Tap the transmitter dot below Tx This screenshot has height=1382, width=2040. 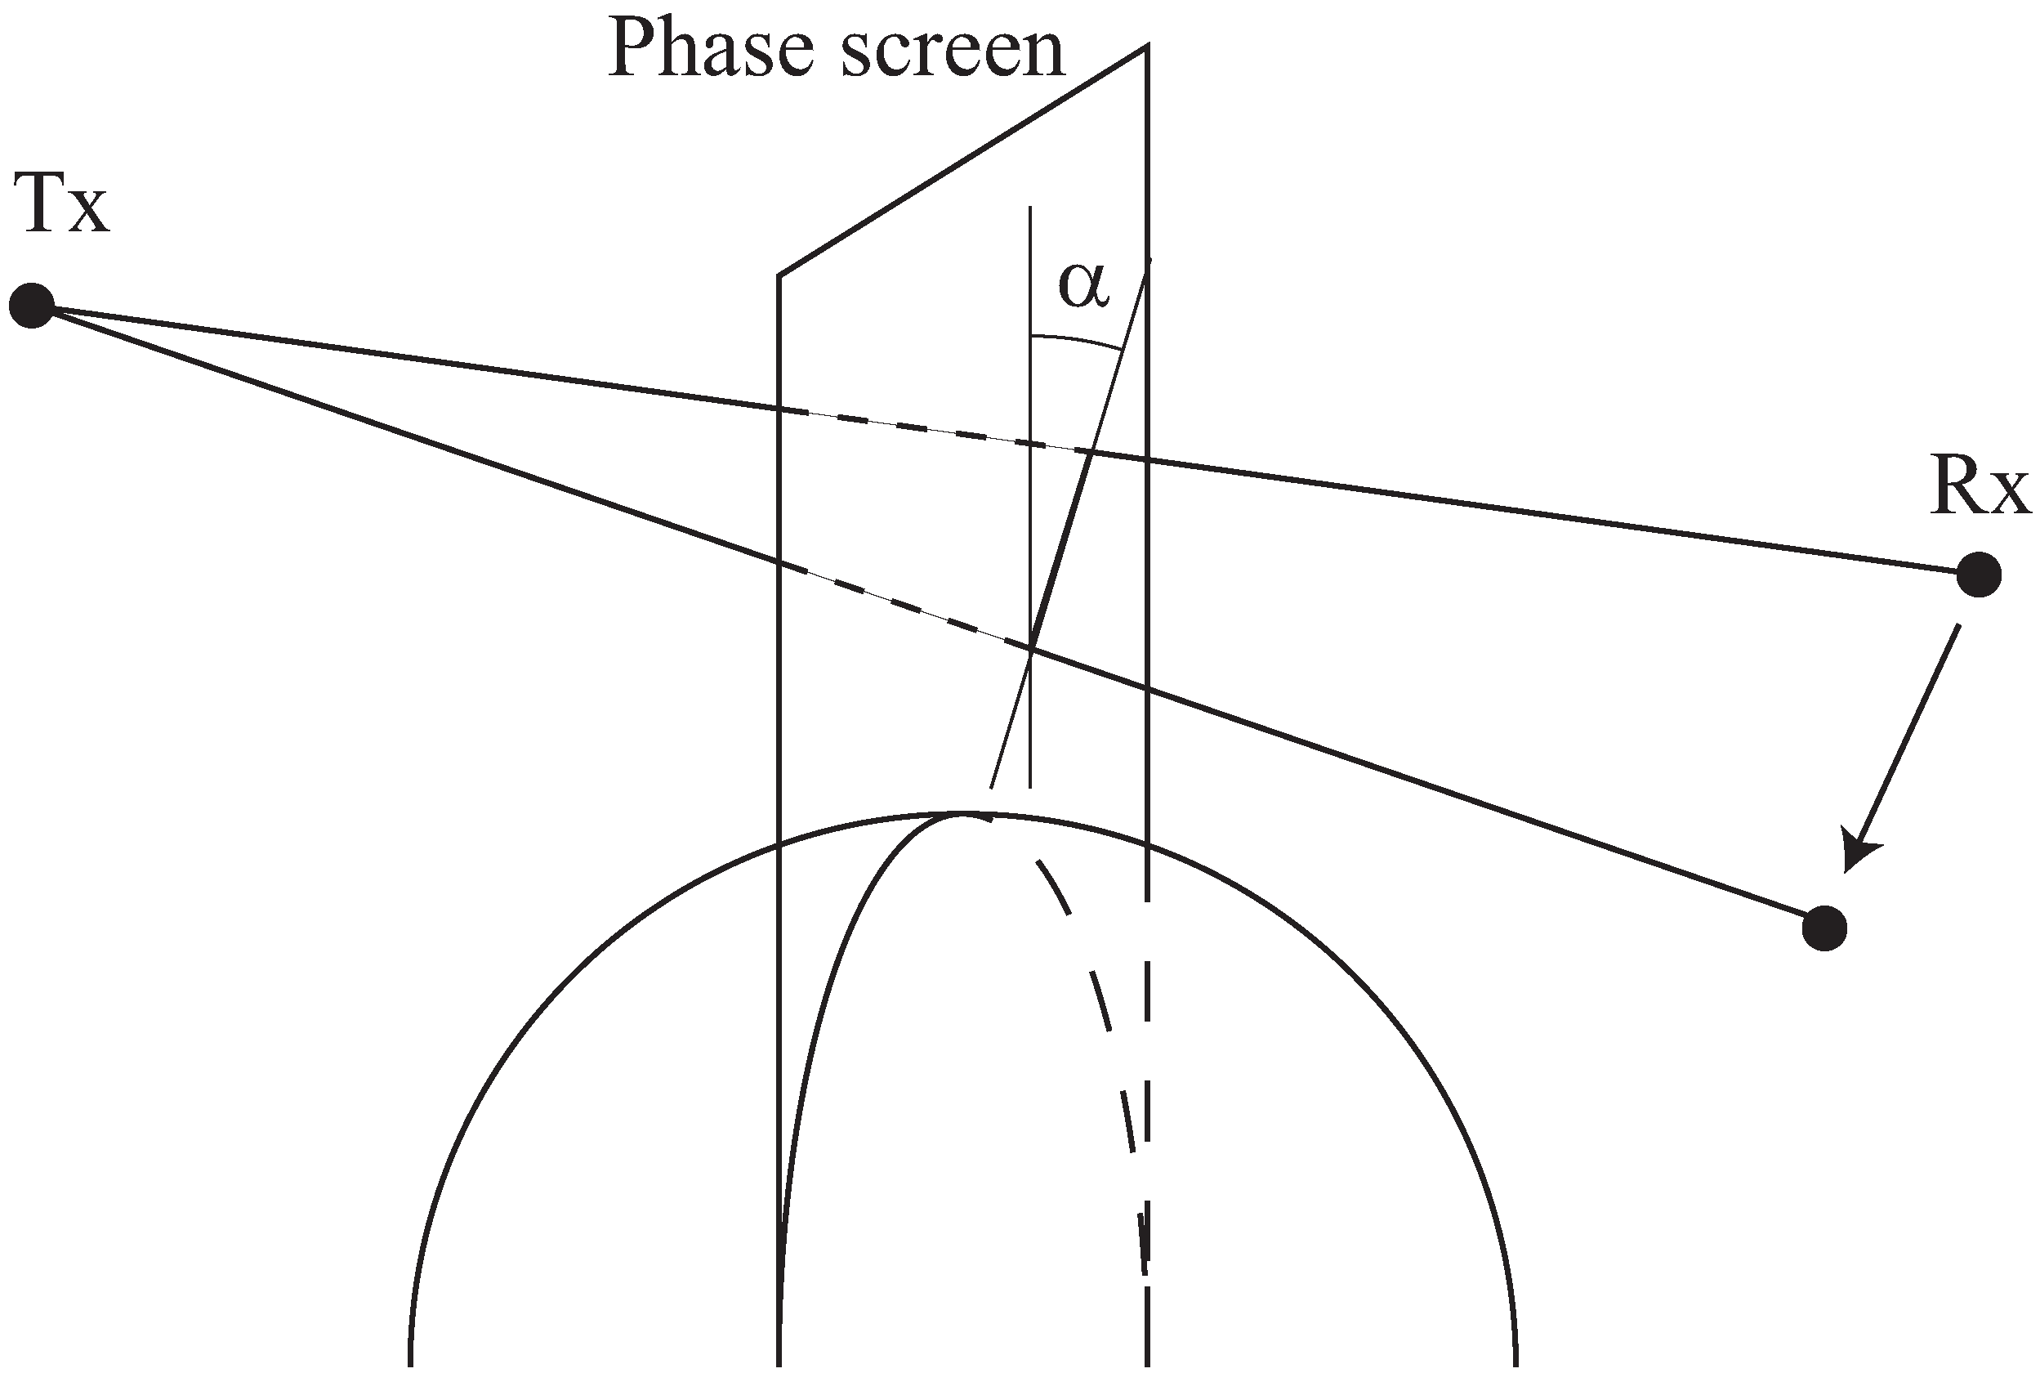click(33, 306)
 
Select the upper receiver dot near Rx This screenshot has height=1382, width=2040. click(1979, 575)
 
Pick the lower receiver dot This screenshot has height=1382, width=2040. click(1824, 927)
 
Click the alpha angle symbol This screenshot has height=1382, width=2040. click(1084, 287)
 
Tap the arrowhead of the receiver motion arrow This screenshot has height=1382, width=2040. click(1858, 855)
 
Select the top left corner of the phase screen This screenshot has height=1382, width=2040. click(779, 275)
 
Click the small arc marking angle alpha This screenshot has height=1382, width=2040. click(1077, 340)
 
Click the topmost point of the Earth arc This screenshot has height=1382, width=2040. click(963, 815)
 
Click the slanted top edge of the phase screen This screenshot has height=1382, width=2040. click(962, 161)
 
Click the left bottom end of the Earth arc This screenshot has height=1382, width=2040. click(410, 1361)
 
